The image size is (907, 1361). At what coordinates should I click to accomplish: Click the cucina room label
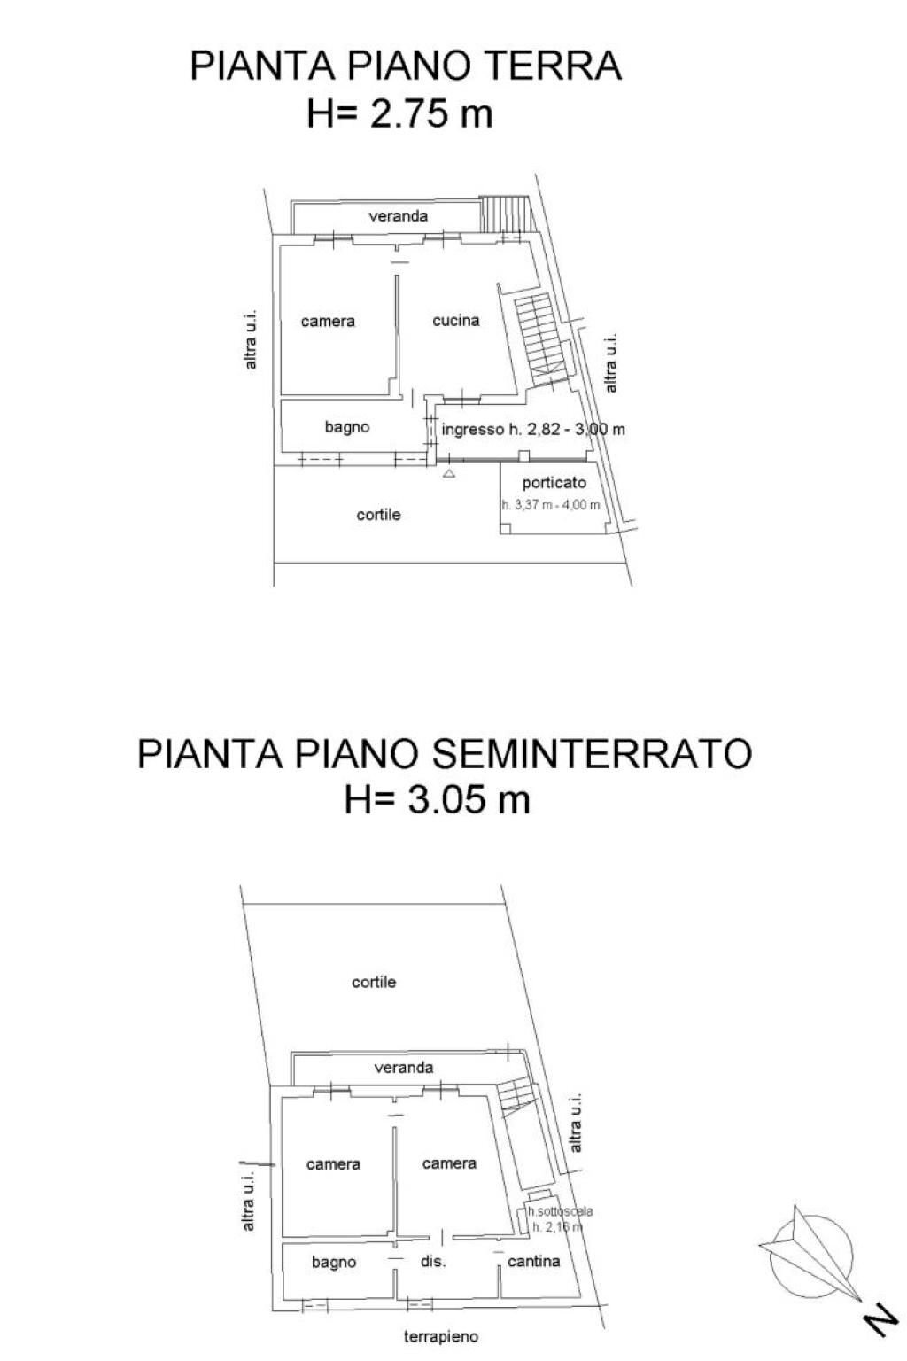click(x=456, y=321)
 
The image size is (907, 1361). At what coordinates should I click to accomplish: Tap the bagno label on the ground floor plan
click(x=347, y=427)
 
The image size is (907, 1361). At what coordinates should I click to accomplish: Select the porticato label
click(x=554, y=484)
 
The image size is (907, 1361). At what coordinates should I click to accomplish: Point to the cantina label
click(x=533, y=1261)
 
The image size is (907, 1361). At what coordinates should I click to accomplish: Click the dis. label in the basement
click(x=432, y=1262)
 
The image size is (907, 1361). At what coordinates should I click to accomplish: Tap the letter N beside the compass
click(x=880, y=1322)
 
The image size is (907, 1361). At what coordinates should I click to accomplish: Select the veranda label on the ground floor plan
click(x=399, y=216)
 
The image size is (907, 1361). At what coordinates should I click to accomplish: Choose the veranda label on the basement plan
click(x=404, y=1068)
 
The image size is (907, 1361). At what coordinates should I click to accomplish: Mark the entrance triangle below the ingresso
click(x=449, y=474)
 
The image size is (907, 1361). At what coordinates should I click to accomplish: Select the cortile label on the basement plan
click(x=374, y=982)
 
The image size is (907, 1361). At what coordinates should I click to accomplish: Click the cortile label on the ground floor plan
click(x=378, y=515)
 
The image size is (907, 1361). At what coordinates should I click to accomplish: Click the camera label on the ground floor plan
click(x=328, y=321)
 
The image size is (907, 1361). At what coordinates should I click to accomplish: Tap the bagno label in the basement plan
click(x=334, y=1262)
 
